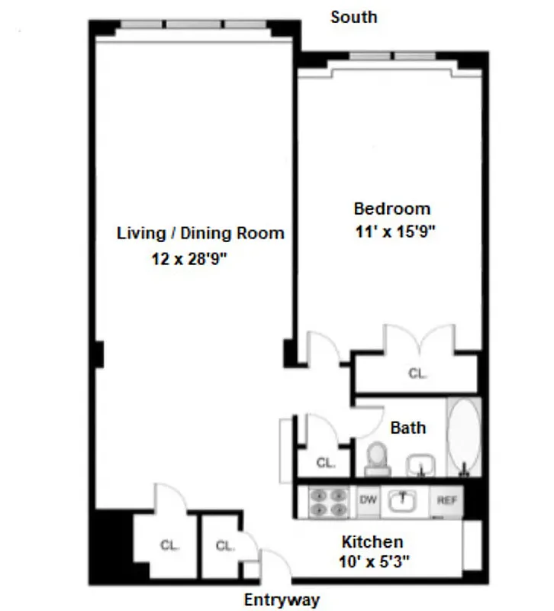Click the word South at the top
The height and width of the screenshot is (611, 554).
[353, 16]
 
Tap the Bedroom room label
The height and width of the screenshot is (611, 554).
[391, 209]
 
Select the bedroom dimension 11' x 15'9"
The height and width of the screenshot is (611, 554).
[394, 233]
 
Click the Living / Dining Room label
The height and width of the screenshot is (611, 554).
[200, 233]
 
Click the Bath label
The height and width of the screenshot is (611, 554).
[407, 428]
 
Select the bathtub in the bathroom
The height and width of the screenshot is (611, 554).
[464, 438]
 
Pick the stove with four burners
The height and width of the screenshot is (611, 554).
[329, 502]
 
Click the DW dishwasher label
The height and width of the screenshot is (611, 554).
[369, 500]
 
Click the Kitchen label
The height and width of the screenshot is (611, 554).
[372, 541]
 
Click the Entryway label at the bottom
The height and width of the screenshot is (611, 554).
[282, 599]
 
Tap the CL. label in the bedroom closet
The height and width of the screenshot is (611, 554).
[417, 373]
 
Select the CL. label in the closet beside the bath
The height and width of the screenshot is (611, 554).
[326, 462]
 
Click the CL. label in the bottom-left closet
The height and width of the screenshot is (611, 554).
[169, 545]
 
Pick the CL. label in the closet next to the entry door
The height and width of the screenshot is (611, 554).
[224, 545]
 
